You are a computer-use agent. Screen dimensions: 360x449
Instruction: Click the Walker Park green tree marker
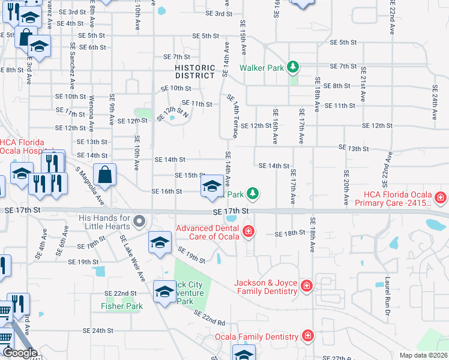(x=293, y=67)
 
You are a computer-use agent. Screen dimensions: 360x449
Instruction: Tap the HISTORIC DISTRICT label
(x=195, y=72)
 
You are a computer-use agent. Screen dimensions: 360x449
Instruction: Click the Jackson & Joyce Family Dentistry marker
(x=307, y=286)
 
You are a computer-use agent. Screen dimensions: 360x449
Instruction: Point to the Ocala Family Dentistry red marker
(x=307, y=335)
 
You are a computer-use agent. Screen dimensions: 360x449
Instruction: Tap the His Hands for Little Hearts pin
(x=139, y=221)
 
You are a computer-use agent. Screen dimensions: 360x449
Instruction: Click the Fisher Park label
(x=122, y=306)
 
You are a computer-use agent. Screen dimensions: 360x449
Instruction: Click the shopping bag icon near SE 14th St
(x=104, y=175)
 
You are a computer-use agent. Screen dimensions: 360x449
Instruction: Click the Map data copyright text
(x=423, y=355)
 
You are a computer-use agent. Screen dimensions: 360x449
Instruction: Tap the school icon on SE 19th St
(x=160, y=242)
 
